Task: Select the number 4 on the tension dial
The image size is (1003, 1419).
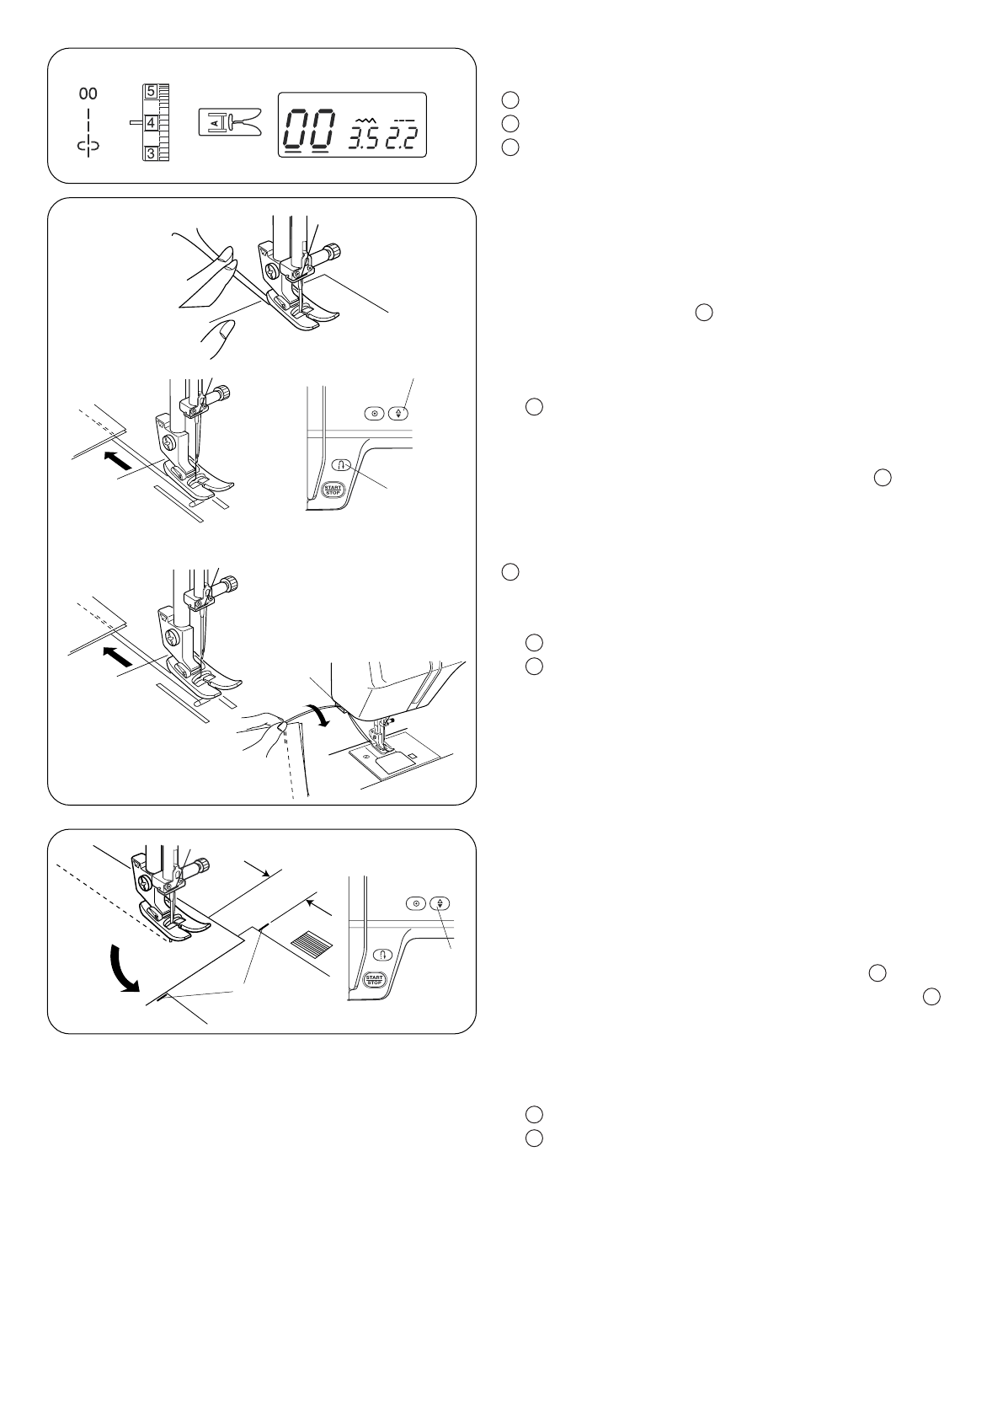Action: tap(151, 123)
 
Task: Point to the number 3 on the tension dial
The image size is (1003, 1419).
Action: tap(151, 153)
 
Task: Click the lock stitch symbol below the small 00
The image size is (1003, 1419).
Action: tap(88, 146)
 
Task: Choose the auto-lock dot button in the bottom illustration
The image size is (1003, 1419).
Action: tap(414, 903)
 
